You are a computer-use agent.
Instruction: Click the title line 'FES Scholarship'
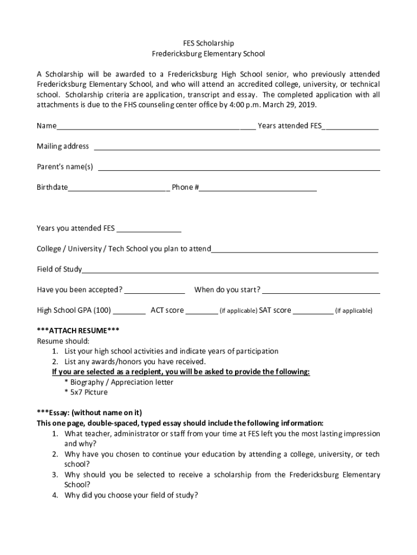point(208,43)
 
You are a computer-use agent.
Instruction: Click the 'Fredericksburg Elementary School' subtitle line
point(208,54)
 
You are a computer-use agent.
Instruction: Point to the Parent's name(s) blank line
point(238,168)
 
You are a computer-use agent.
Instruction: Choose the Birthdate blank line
point(119,189)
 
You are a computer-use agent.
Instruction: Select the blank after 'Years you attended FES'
point(149,229)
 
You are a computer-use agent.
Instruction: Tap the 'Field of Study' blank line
point(230,271)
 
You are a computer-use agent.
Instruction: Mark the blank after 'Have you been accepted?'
point(155,291)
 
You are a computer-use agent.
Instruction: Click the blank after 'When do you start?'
point(321,291)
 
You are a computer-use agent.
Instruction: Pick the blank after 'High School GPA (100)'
point(129,312)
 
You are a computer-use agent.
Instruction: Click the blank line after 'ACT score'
point(201,312)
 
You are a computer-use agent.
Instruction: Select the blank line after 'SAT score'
point(314,312)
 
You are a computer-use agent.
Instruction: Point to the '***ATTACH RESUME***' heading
point(78,331)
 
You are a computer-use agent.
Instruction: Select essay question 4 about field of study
point(131,495)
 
